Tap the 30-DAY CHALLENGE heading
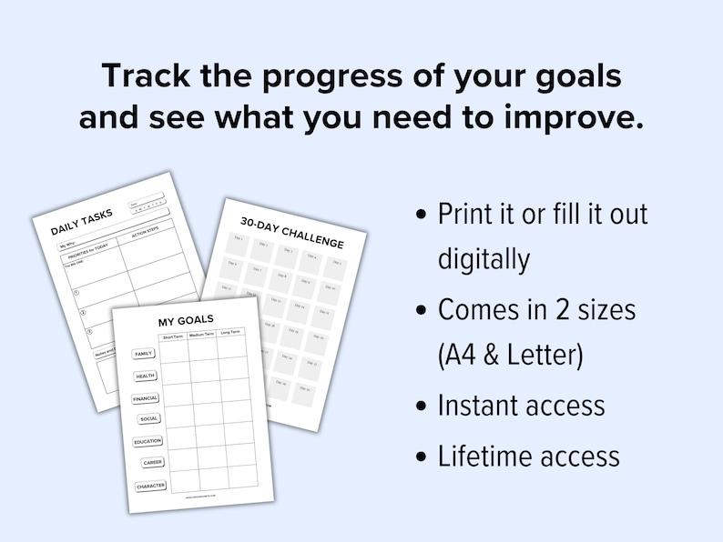tap(291, 232)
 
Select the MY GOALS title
tap(186, 320)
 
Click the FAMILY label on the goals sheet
tap(144, 354)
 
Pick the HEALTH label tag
tap(146, 376)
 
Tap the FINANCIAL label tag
tap(146, 397)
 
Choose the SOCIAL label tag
tap(149, 419)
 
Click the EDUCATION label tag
tap(148, 441)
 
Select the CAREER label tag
tap(153, 463)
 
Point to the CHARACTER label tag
tap(151, 486)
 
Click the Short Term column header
tap(173, 336)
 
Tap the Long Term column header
tap(230, 333)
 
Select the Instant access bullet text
tap(521, 406)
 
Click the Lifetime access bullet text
tap(529, 455)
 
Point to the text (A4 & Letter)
tap(510, 356)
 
